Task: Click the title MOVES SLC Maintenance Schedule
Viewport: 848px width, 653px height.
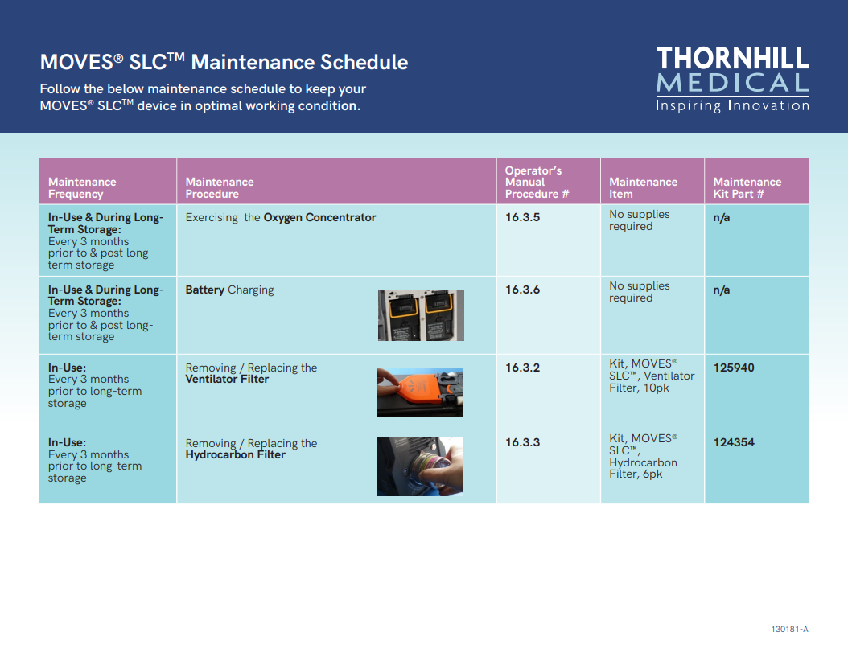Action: [224, 62]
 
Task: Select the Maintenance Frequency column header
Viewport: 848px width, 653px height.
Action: [82, 187]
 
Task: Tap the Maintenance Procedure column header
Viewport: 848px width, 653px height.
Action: [220, 187]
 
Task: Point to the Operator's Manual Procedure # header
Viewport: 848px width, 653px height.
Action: [537, 183]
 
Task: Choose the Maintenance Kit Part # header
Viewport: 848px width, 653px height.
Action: [747, 187]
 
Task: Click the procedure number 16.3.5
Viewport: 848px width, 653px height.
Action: [522, 217]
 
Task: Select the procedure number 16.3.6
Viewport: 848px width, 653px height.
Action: [522, 290]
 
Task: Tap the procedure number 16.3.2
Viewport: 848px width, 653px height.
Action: [522, 368]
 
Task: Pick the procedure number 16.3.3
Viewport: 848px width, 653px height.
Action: [522, 442]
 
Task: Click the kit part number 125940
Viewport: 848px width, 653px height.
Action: [734, 368]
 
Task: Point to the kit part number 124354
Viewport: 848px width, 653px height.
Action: [734, 442]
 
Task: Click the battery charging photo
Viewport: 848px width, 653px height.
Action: [421, 315]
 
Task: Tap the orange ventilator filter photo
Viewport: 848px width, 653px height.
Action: [420, 392]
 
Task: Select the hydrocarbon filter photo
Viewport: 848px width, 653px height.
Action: [420, 466]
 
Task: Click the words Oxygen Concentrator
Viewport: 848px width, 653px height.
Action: [319, 217]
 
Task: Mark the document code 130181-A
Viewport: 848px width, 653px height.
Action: [789, 629]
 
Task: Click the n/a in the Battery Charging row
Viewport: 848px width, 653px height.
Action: [722, 290]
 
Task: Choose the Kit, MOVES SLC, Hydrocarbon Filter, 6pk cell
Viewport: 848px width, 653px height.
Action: [643, 456]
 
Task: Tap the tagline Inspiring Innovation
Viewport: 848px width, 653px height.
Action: [732, 105]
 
